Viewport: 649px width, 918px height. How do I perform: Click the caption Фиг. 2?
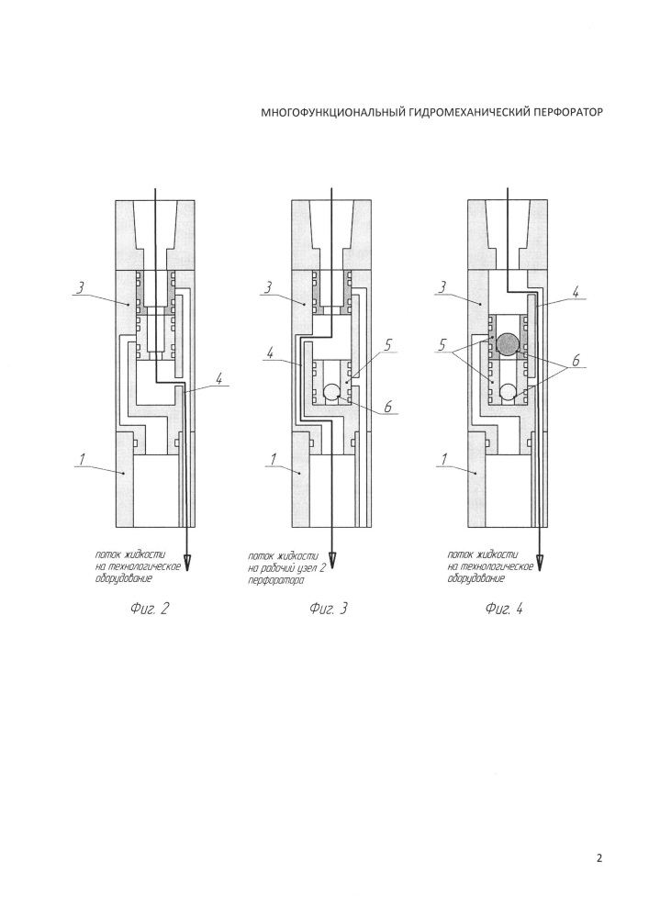(150, 609)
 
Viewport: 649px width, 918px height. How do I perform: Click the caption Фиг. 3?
(328, 609)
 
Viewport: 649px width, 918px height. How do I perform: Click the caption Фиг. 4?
(504, 609)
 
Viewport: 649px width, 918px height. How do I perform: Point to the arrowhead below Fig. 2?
(187, 562)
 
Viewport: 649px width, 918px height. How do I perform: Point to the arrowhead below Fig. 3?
(331, 562)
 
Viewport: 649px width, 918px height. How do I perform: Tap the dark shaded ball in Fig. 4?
(507, 343)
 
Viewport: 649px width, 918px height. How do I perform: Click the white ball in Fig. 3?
(331, 392)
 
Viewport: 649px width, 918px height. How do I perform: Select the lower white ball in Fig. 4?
(508, 392)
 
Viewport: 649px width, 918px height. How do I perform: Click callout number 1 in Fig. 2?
(83, 460)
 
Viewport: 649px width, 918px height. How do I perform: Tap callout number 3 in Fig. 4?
(443, 288)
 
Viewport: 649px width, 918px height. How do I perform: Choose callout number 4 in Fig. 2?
(218, 379)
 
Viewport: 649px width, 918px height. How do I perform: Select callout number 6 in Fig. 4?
(576, 361)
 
